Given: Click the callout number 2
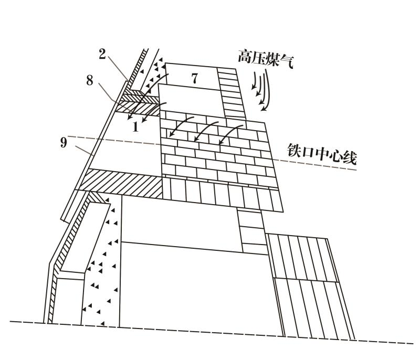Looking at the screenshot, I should tap(102, 52).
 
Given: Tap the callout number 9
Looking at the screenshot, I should tap(64, 142).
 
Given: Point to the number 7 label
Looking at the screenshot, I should tap(194, 79).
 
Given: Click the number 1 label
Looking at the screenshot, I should tap(135, 126).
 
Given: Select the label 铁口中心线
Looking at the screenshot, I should tap(321, 155).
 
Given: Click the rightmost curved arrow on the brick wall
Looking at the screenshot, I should tap(228, 134).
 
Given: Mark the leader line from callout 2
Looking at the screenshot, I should tap(117, 68).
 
